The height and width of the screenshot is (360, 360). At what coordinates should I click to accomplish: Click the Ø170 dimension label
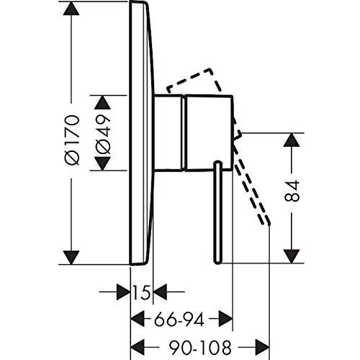(71, 140)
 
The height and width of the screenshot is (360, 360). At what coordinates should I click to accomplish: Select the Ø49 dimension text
(103, 134)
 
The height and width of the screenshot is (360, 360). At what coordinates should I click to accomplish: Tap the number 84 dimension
(292, 190)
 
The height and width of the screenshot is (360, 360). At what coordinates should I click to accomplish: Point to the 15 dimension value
(142, 292)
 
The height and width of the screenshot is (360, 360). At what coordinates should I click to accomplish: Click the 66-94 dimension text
(179, 320)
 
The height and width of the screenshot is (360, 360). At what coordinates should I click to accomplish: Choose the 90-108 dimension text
(200, 347)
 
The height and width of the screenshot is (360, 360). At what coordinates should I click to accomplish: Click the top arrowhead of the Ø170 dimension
(71, 9)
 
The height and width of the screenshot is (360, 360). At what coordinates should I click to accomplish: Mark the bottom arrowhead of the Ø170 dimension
(71, 257)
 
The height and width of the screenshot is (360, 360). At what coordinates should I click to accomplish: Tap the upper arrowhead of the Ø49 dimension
(103, 102)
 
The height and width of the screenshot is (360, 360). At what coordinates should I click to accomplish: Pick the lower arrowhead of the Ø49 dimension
(103, 163)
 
